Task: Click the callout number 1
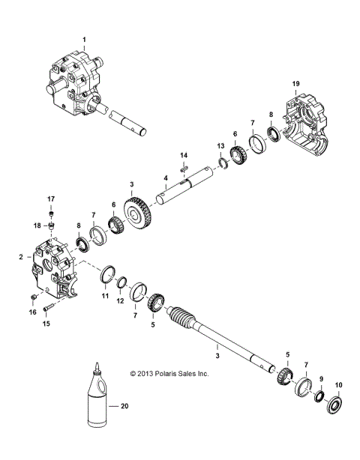85,38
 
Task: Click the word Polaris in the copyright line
168,372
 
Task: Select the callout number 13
220,145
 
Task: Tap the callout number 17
52,199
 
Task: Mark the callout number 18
35,226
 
